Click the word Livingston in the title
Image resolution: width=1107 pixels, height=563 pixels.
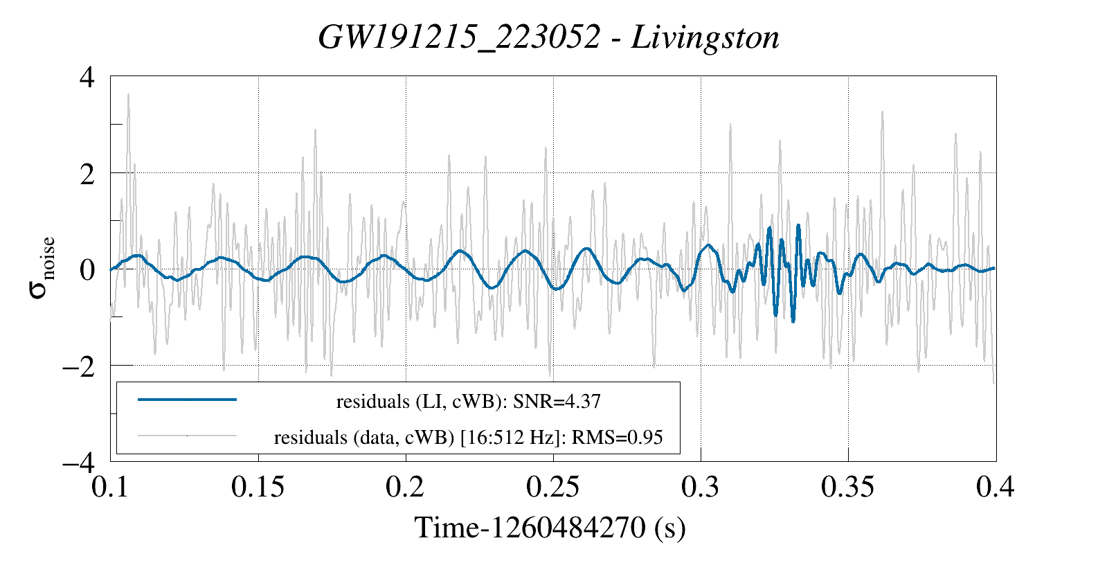click(x=705, y=37)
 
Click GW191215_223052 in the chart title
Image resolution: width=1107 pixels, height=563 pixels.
click(x=458, y=37)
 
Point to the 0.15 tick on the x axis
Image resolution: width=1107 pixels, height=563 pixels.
click(x=258, y=487)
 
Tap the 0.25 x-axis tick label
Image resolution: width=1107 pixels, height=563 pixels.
click(x=553, y=487)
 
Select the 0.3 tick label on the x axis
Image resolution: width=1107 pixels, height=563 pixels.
click(x=701, y=487)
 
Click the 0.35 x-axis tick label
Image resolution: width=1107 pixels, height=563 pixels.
click(x=848, y=487)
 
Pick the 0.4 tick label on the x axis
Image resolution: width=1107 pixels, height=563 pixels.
click(x=996, y=487)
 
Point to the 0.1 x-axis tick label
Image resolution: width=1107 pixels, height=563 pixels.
click(x=111, y=487)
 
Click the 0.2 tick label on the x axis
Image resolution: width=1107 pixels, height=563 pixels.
click(x=406, y=487)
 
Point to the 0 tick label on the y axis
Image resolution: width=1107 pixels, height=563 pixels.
click(x=87, y=269)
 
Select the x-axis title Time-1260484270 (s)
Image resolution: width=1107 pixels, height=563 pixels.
click(x=550, y=528)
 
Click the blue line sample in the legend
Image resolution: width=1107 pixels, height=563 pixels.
click(x=187, y=400)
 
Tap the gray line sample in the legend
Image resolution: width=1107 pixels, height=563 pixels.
click(x=187, y=436)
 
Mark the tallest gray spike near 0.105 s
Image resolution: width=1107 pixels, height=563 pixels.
click(x=128, y=95)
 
